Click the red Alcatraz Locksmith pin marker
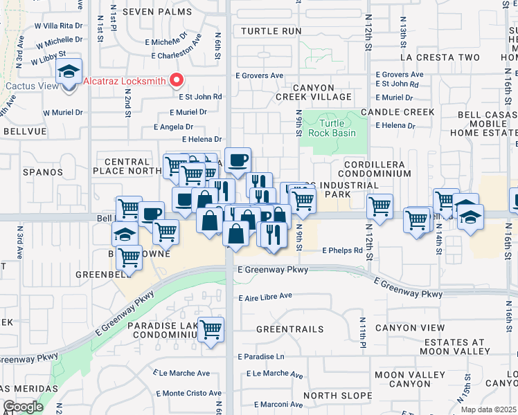click(x=177, y=81)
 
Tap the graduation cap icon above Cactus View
click(x=69, y=71)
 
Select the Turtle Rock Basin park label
click(x=332, y=128)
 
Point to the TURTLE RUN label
click(x=271, y=31)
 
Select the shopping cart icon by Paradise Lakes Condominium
click(x=211, y=329)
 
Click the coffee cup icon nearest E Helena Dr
click(x=238, y=160)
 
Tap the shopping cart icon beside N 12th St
click(x=379, y=205)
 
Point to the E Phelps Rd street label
click(x=342, y=250)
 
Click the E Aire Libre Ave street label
click(x=265, y=297)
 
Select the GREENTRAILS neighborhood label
click(x=285, y=329)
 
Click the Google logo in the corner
click(x=23, y=407)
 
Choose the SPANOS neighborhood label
click(x=42, y=172)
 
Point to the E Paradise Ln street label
click(x=260, y=357)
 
